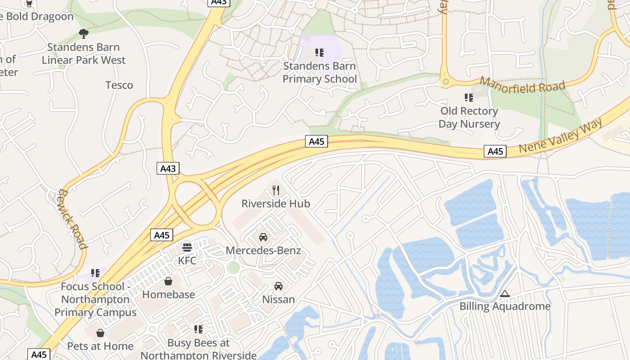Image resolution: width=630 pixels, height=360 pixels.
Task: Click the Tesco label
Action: [x=119, y=85]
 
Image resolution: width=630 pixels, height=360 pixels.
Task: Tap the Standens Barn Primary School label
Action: [x=319, y=72]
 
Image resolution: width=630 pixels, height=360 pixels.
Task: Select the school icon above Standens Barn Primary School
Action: [x=319, y=53]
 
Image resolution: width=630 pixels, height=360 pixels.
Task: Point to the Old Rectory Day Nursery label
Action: [x=469, y=117]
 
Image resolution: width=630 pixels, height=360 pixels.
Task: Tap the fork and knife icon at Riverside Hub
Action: [x=276, y=190]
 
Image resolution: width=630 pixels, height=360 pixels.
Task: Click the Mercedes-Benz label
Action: [x=263, y=251]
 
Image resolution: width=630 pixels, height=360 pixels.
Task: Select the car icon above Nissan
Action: [x=279, y=286]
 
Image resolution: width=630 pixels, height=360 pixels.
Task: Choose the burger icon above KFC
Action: [x=187, y=247]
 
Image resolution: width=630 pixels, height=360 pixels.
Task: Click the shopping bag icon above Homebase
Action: [x=168, y=282]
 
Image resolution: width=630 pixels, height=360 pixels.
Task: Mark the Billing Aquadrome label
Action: [x=505, y=306]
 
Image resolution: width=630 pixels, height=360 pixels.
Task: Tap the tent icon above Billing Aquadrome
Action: [x=505, y=294]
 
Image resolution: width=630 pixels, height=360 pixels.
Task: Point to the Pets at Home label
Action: [x=100, y=346]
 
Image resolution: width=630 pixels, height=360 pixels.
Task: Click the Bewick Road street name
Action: [x=72, y=219]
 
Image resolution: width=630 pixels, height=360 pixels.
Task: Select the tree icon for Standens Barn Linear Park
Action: [x=83, y=33]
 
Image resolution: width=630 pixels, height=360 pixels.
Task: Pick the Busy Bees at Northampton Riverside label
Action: [x=198, y=349]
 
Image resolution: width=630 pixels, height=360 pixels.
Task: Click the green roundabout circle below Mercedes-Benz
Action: [x=234, y=267]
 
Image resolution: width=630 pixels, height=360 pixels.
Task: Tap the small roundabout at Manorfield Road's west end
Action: [x=445, y=82]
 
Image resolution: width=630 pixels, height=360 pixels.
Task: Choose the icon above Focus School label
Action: [x=95, y=273]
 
